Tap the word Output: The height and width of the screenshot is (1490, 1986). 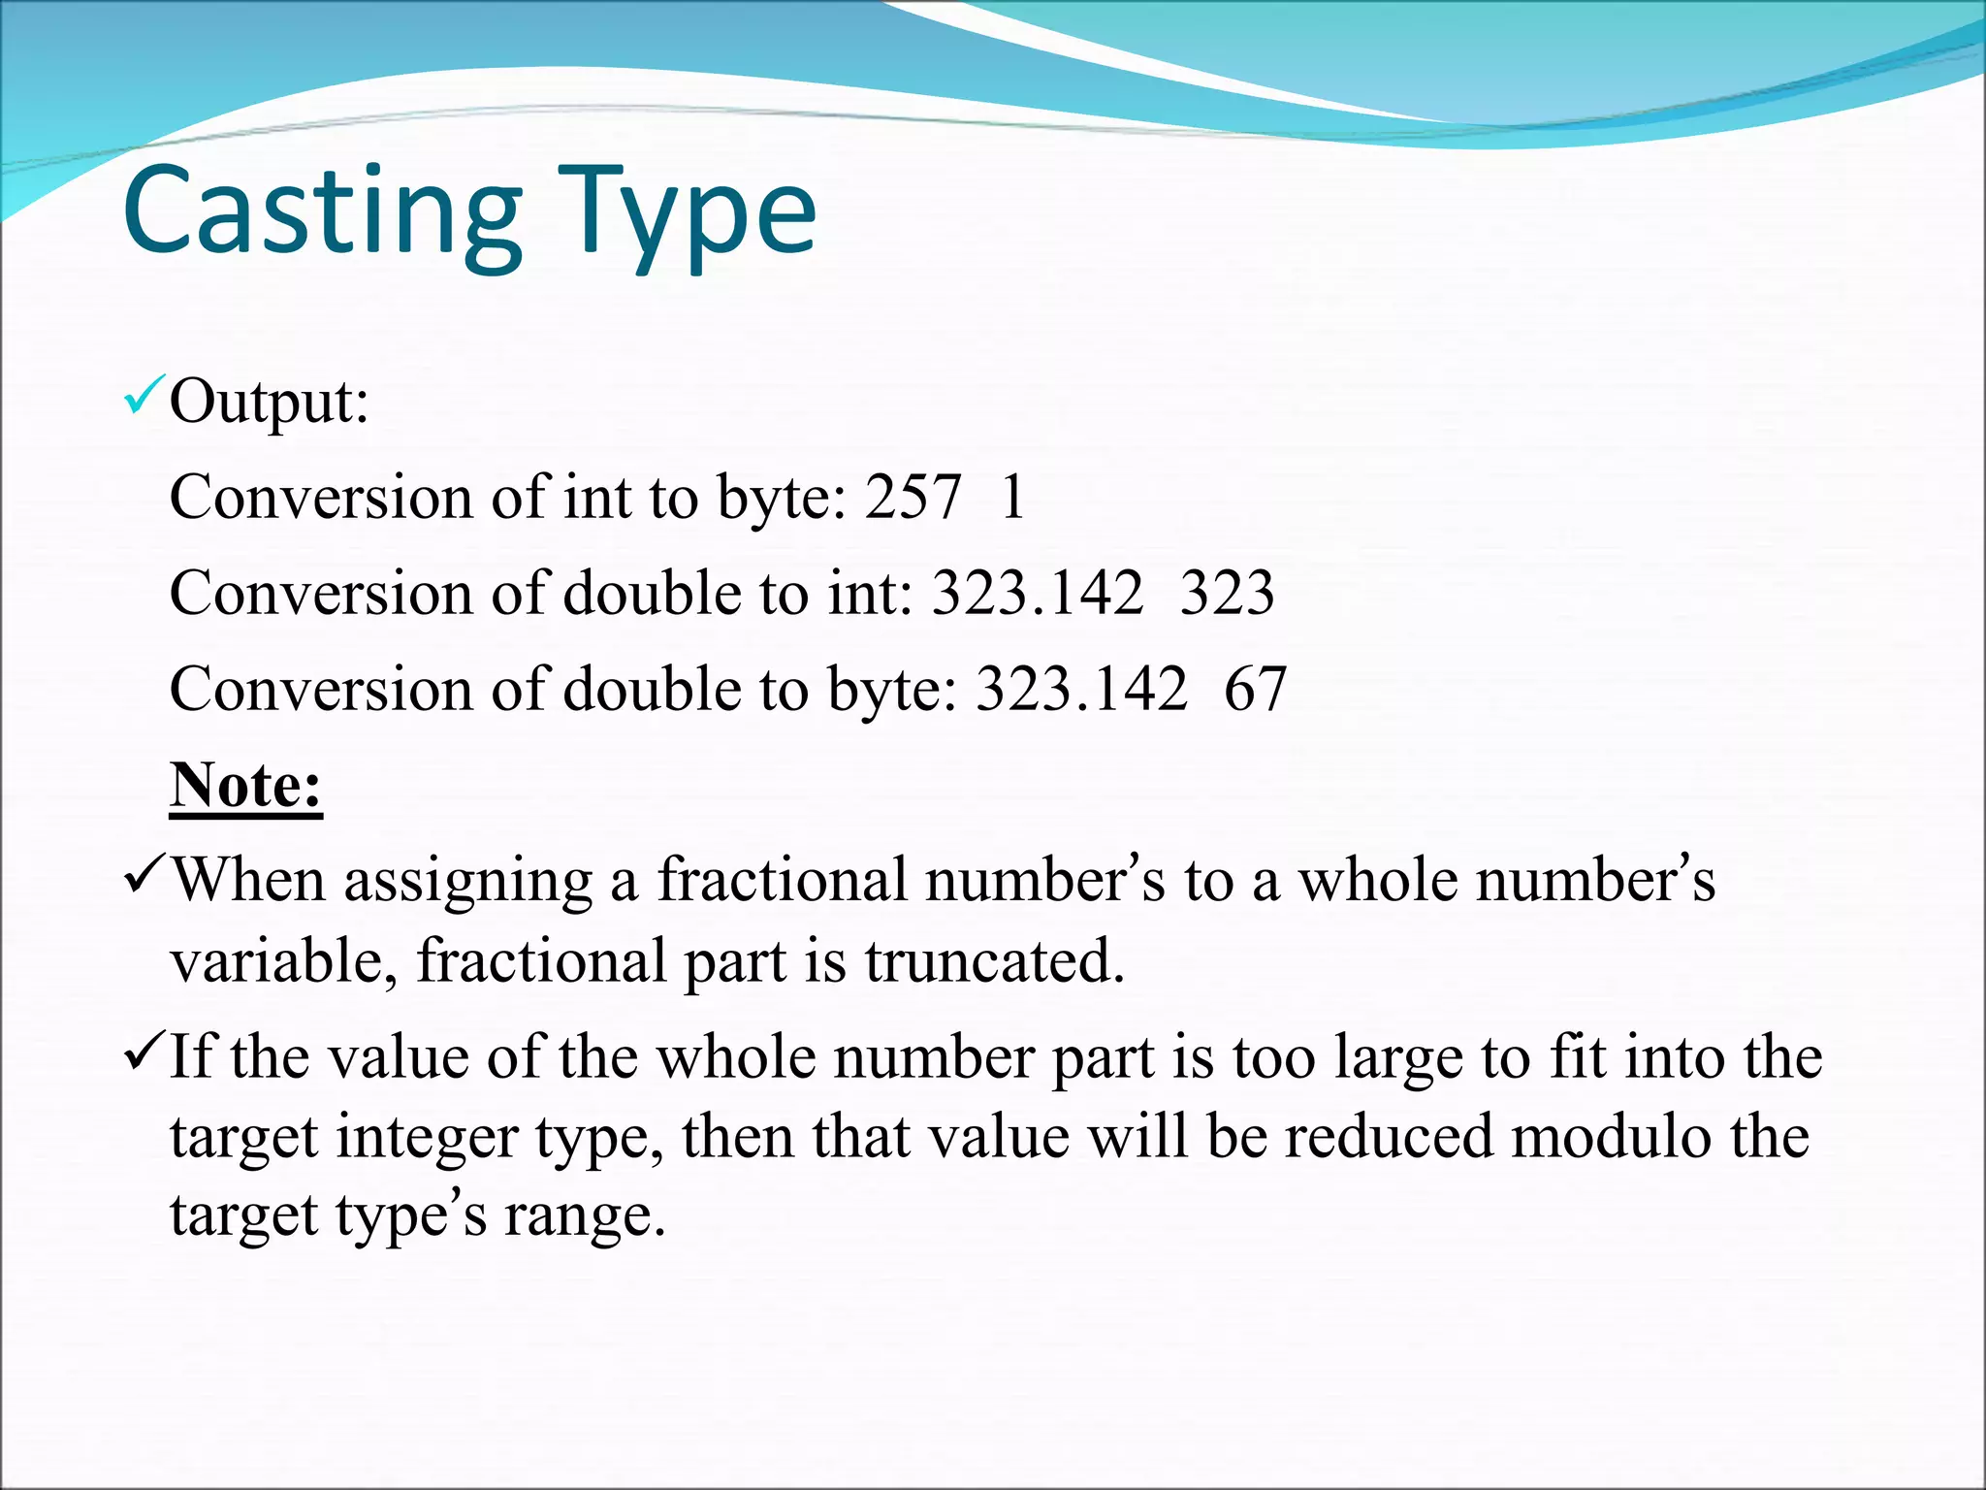click(x=269, y=402)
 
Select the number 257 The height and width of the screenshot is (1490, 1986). click(x=913, y=498)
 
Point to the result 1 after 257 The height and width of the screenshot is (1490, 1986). click(x=1012, y=498)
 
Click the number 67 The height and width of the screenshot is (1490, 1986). click(x=1255, y=690)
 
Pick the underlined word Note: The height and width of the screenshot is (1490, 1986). click(x=245, y=785)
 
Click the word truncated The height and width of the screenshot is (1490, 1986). click(x=994, y=961)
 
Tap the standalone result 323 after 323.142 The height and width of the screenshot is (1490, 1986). click(x=1227, y=594)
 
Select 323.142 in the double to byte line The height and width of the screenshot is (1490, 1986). click(x=1081, y=690)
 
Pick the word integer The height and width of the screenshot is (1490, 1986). click(x=426, y=1138)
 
